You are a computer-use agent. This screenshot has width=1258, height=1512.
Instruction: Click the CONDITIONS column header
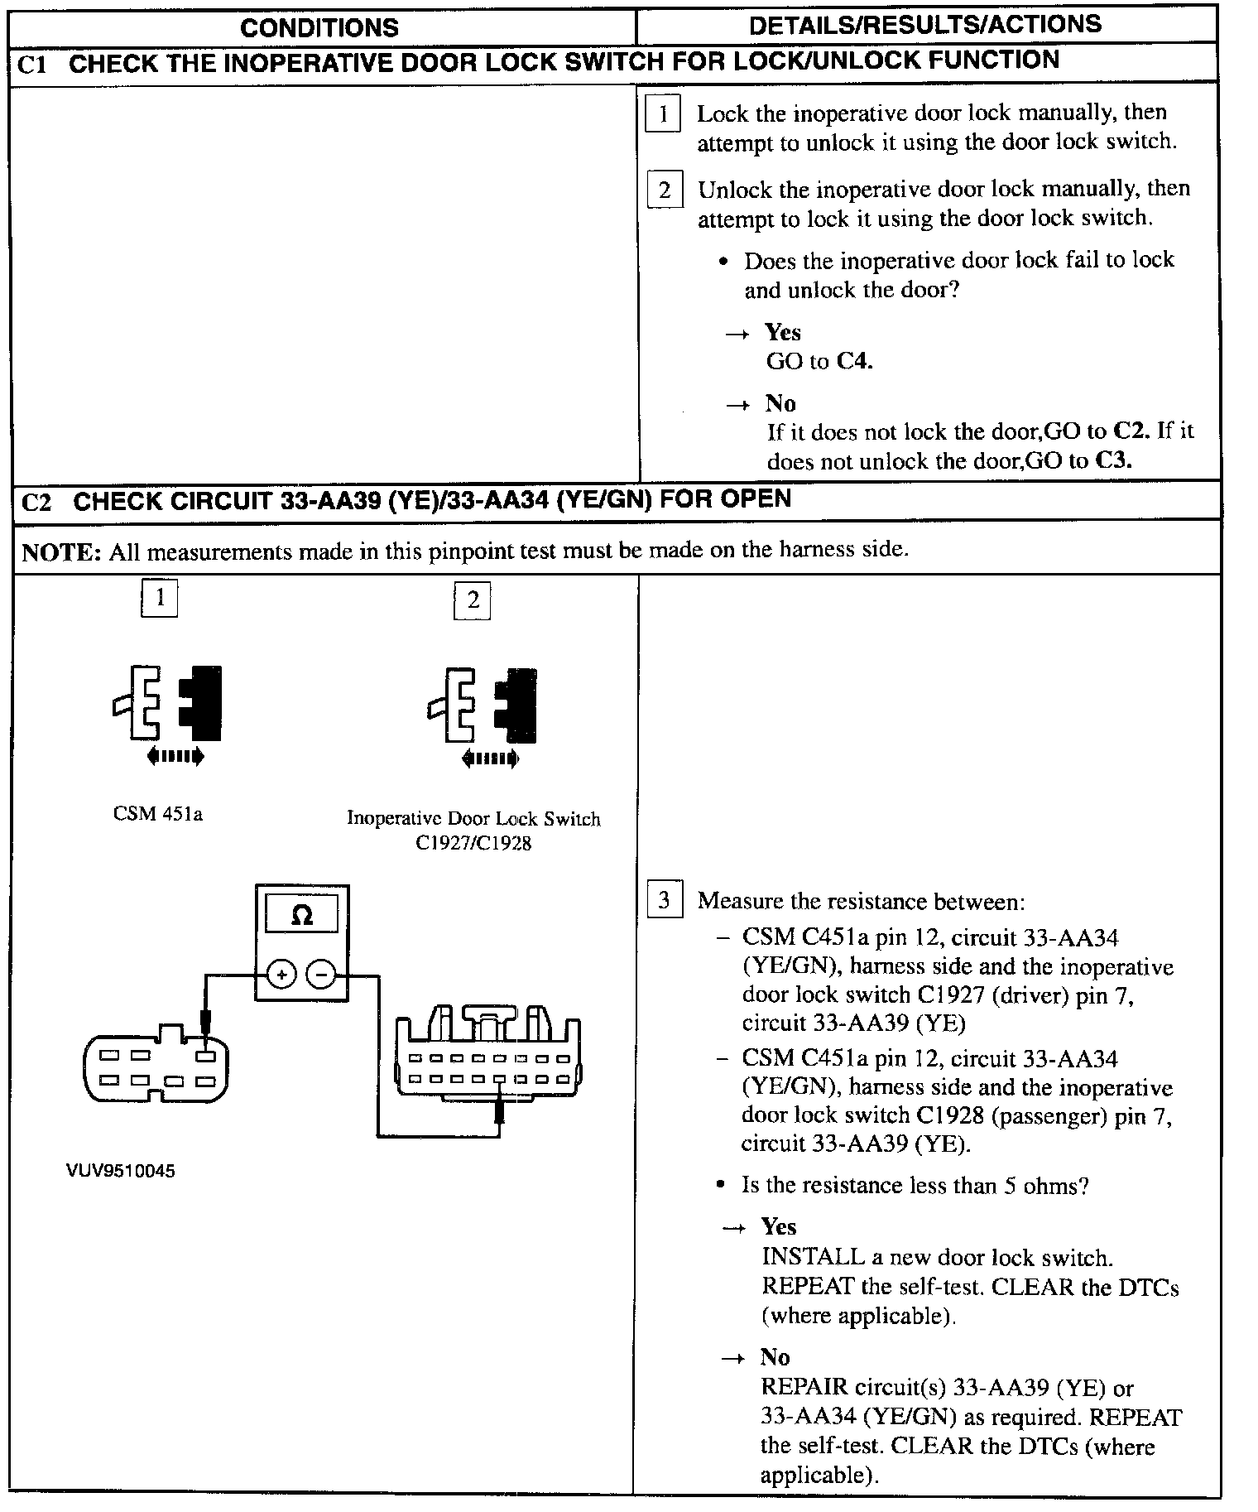[x=319, y=28]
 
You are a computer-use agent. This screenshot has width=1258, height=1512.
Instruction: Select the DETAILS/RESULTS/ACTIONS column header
[x=925, y=25]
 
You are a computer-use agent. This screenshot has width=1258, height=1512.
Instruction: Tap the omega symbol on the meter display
[x=302, y=915]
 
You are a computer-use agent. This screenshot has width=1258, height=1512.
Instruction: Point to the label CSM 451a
[x=158, y=814]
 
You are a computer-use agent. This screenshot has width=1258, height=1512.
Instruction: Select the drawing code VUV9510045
[x=121, y=1171]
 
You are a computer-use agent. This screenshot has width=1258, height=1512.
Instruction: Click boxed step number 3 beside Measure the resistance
[x=664, y=900]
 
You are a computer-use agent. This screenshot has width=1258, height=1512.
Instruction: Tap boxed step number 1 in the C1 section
[x=663, y=113]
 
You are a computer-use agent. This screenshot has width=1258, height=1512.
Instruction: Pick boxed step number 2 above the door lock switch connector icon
[x=473, y=600]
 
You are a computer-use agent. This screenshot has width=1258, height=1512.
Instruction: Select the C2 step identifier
[x=36, y=503]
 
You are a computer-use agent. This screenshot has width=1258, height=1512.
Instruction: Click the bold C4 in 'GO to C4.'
[x=855, y=362]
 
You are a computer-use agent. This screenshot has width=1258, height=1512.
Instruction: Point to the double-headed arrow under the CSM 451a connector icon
[x=175, y=755]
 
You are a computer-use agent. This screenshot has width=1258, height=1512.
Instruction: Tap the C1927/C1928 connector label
[x=473, y=843]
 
